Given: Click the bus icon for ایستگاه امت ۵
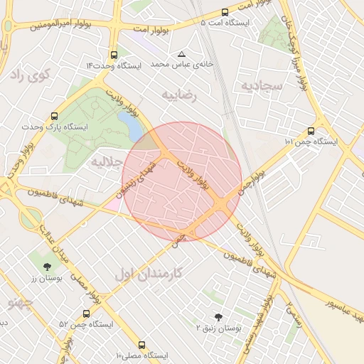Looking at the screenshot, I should click(225, 12).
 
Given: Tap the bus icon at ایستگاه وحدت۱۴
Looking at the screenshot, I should click(114, 55).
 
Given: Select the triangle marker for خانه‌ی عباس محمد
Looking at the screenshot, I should click(182, 54).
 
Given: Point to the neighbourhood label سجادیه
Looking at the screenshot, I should click(262, 85).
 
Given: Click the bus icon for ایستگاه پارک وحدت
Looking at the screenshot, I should click(55, 115).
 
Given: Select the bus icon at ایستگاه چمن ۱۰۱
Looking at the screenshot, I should click(311, 131).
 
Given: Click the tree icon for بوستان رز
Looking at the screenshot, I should click(46, 267).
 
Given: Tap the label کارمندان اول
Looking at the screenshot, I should click(148, 272).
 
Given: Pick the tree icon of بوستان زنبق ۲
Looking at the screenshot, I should click(218, 317).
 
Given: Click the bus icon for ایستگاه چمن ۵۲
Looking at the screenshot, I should click(86, 313).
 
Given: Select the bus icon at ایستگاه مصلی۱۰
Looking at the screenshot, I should click(142, 343).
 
